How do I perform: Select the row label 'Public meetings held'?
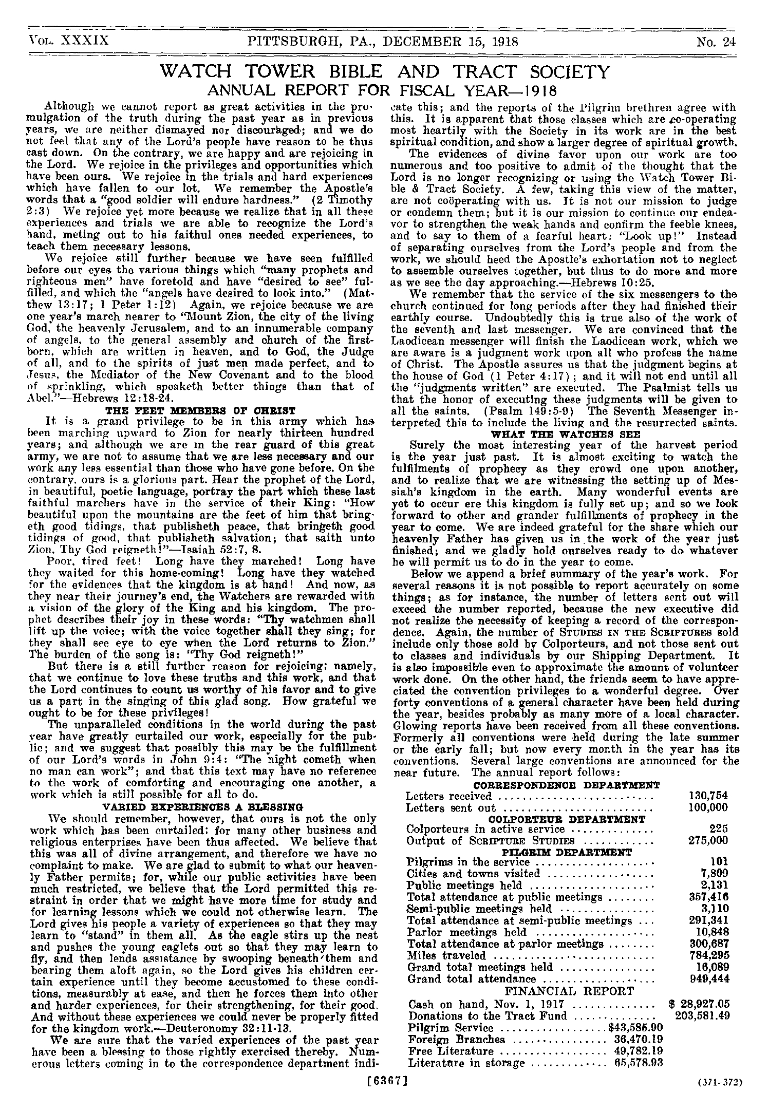point(464,885)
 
